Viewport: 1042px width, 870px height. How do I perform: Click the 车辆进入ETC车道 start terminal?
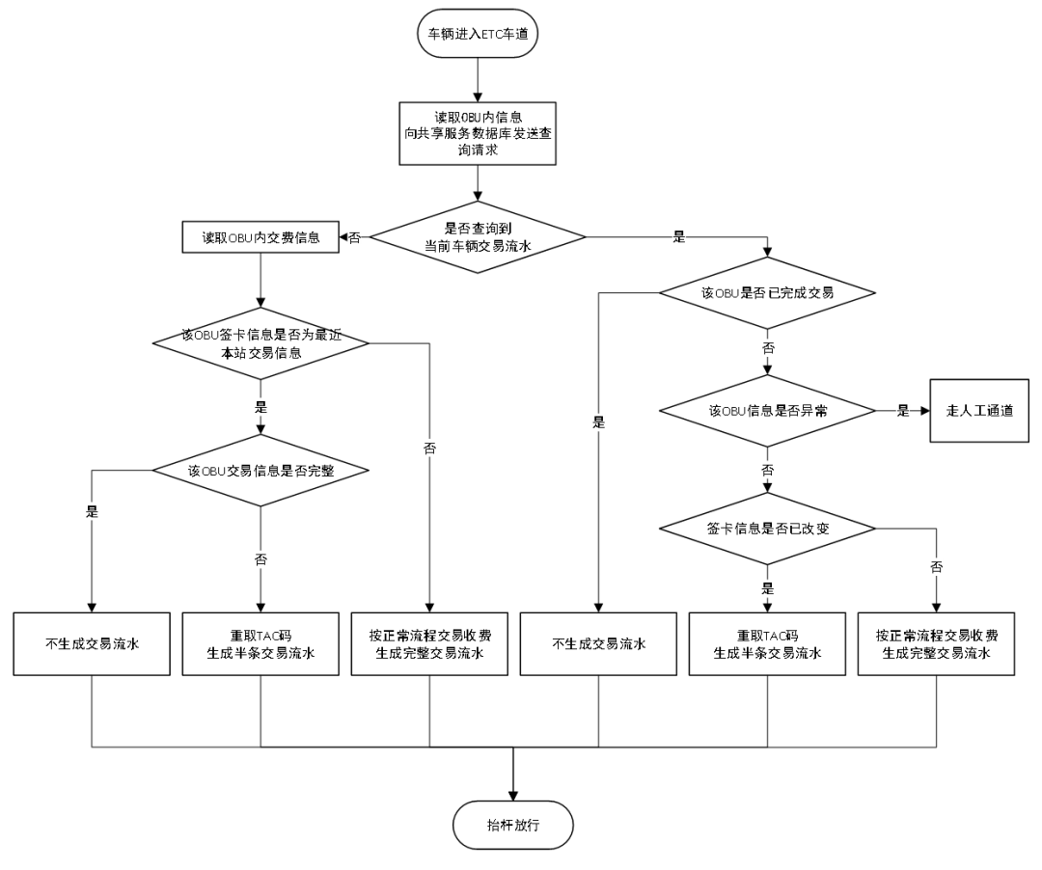477,34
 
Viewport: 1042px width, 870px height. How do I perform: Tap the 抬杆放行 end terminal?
512,826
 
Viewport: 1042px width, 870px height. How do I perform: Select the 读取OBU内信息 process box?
478,133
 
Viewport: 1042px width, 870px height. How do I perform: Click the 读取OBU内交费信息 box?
260,237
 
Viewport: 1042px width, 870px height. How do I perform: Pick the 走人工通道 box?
979,410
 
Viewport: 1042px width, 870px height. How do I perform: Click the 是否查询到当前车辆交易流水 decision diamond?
478,237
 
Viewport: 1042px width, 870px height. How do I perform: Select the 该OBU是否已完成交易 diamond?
767,292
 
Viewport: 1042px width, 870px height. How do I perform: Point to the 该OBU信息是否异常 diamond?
767,410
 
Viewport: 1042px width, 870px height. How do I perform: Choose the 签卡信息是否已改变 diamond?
767,529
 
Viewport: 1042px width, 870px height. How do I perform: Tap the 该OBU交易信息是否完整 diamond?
260,471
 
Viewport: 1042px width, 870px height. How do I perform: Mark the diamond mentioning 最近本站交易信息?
260,343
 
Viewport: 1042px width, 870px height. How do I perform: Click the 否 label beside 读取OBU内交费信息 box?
354,238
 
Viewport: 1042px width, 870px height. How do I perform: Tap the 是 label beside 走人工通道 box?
903,410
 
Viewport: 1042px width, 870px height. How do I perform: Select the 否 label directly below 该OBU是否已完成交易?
768,347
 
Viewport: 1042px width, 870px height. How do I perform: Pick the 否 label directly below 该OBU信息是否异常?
767,471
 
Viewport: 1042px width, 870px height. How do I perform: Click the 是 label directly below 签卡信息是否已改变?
767,588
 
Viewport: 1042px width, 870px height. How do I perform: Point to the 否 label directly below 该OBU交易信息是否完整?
260,559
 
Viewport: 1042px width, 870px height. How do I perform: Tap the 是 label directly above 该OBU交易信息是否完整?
260,407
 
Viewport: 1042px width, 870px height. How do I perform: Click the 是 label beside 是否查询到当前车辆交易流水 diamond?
679,237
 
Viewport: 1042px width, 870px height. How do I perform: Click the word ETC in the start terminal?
491,34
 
